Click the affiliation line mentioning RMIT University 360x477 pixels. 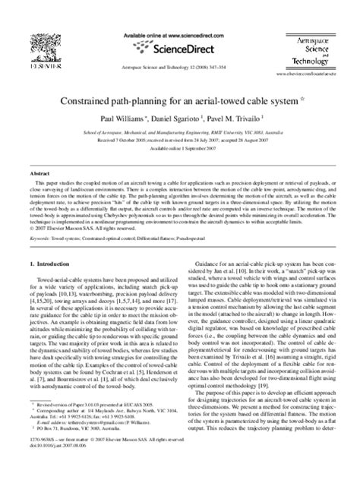pyautogui.click(x=179, y=131)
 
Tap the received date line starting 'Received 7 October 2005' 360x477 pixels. pyautogui.click(x=179, y=140)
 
